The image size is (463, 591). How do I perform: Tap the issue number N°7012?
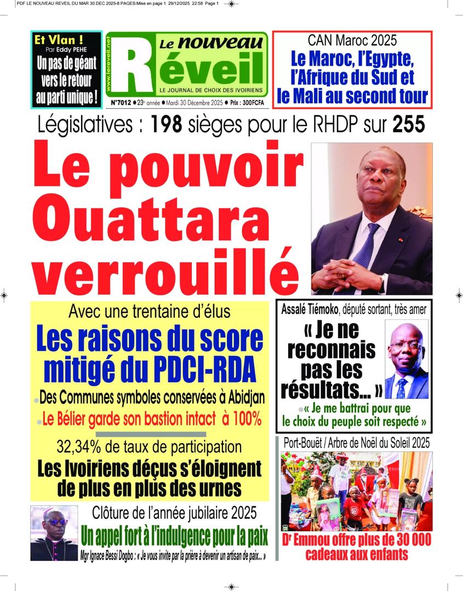tap(121, 102)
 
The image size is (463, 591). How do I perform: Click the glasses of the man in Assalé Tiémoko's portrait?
tap(405, 345)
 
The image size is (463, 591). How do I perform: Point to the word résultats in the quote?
tap(323, 389)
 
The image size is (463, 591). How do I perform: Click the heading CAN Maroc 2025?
tap(352, 40)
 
